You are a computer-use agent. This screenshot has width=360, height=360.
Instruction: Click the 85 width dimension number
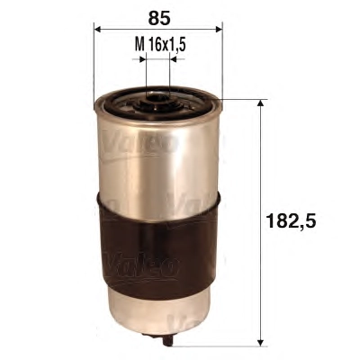(x=159, y=18)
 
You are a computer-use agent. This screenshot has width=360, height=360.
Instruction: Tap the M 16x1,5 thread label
(x=158, y=45)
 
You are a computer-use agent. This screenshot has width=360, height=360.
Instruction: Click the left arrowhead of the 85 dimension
(x=97, y=29)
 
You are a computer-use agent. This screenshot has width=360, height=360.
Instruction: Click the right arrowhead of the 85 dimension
(x=220, y=29)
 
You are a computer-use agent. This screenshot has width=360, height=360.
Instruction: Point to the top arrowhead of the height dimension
(x=261, y=103)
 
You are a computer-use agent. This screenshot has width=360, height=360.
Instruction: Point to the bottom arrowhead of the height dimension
(x=261, y=342)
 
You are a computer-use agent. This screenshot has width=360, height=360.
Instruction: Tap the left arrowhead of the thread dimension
(x=143, y=59)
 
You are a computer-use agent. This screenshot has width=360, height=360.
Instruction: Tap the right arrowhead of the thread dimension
(x=173, y=59)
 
